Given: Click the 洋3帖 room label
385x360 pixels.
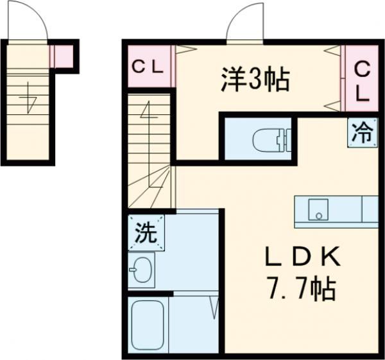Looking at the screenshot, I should (255, 80).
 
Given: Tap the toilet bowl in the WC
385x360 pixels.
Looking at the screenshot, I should (268, 139).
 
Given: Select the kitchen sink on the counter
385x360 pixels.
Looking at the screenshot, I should (316, 209).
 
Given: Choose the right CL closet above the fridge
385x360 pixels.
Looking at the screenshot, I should (362, 80).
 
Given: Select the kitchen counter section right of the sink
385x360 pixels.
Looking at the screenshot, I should (370, 210).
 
